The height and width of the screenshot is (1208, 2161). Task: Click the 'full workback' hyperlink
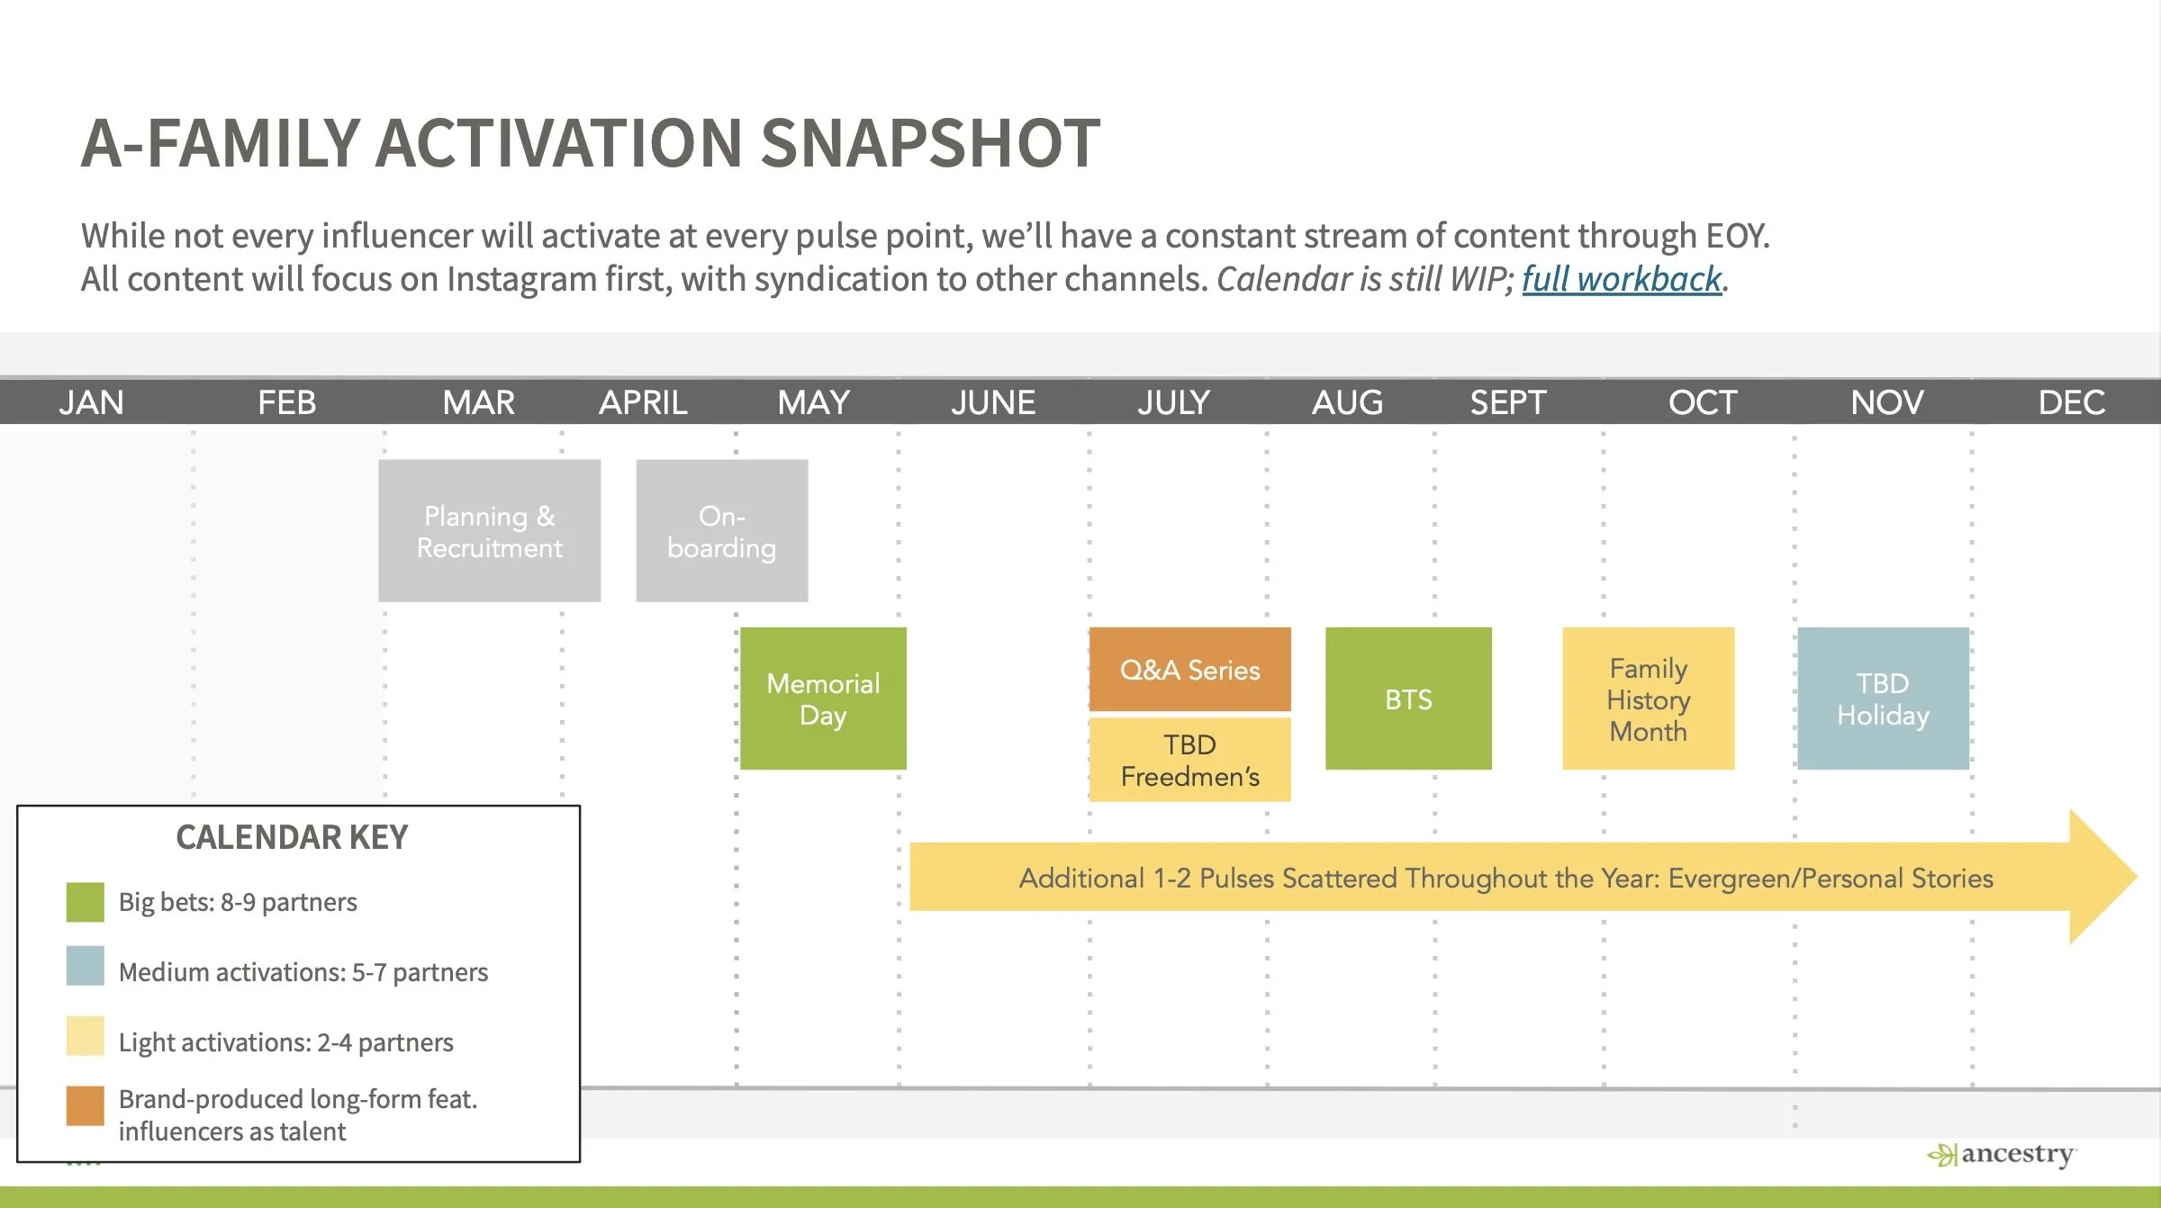click(x=1622, y=279)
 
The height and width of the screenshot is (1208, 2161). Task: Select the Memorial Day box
click(x=823, y=699)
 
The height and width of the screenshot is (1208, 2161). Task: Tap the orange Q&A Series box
click(x=1189, y=670)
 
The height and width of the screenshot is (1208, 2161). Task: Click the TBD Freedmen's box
click(x=1189, y=760)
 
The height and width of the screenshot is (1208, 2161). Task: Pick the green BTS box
click(x=1408, y=699)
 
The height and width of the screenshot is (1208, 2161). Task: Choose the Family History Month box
click(x=1649, y=699)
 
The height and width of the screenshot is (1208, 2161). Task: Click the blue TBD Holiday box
click(x=1883, y=699)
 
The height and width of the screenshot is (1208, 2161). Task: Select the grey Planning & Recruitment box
click(x=489, y=531)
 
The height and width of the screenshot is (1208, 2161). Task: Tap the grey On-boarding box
click(x=722, y=531)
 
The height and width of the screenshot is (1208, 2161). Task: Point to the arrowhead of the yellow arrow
click(x=2136, y=876)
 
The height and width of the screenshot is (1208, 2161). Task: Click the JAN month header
click(x=92, y=402)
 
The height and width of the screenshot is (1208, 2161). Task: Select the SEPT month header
click(x=1508, y=402)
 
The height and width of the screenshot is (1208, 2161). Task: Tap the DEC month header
click(x=2072, y=402)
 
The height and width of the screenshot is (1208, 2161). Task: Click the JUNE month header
click(x=993, y=402)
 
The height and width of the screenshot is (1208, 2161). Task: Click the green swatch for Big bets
click(x=86, y=902)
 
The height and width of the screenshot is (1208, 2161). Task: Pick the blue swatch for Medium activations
click(x=86, y=966)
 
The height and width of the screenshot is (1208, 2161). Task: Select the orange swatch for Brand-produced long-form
click(x=86, y=1106)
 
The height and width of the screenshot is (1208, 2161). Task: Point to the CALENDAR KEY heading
click(x=292, y=837)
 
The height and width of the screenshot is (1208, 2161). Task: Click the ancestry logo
click(x=2002, y=1154)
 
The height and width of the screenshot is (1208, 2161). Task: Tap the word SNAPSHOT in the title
click(x=930, y=143)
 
